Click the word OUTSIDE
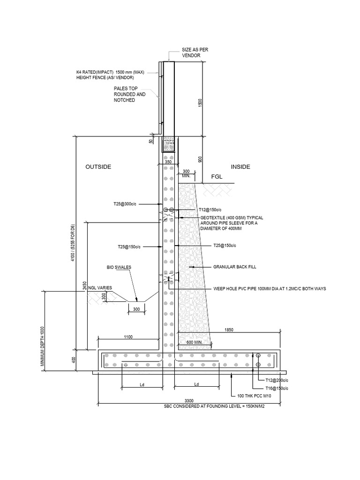(x=98, y=167)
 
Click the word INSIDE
(x=240, y=167)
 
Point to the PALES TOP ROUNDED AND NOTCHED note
(x=130, y=94)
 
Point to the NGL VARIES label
(x=100, y=288)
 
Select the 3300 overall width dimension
(x=188, y=401)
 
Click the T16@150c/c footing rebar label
(x=277, y=389)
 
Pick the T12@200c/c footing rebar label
(x=277, y=380)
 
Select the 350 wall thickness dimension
(x=168, y=162)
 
